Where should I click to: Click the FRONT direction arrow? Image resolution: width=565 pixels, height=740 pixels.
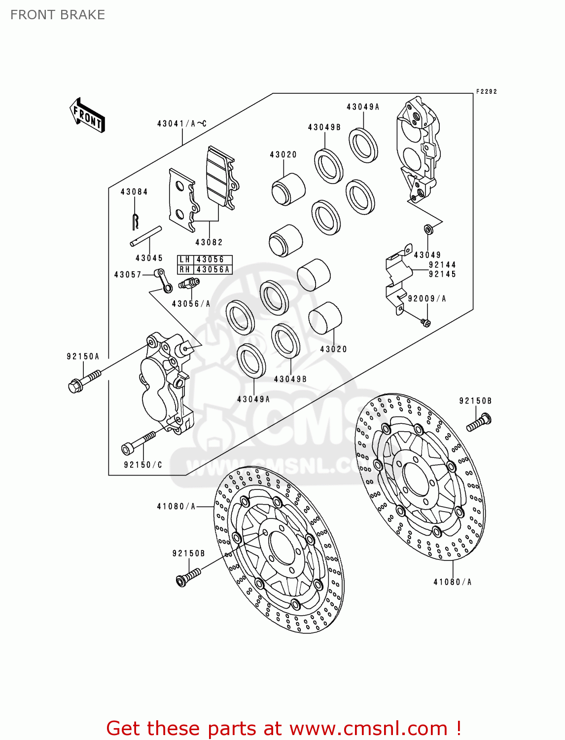click(87, 115)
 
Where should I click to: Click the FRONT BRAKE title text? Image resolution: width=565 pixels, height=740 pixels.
click(58, 15)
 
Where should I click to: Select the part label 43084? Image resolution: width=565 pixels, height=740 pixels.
click(134, 192)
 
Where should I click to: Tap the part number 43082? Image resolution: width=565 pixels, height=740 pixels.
click(209, 242)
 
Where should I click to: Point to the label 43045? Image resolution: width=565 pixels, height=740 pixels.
click(149, 258)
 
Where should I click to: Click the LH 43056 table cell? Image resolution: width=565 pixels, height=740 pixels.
click(205, 259)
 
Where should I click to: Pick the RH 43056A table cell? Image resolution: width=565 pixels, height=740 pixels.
click(205, 269)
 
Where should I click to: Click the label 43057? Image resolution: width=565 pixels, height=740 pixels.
click(128, 275)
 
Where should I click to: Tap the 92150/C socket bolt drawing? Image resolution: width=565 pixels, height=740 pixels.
click(138, 443)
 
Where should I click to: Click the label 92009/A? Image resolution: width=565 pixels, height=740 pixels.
click(427, 298)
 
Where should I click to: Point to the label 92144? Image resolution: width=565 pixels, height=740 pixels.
click(442, 265)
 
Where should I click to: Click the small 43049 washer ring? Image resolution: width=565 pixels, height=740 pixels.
click(428, 229)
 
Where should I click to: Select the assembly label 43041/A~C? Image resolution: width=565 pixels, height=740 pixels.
click(181, 124)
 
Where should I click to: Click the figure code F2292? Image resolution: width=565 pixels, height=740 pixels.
click(486, 92)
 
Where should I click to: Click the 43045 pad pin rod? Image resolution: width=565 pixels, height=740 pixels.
click(146, 235)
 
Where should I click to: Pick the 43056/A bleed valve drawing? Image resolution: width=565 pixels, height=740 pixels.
click(189, 283)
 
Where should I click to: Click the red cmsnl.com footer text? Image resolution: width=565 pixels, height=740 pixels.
click(283, 728)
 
